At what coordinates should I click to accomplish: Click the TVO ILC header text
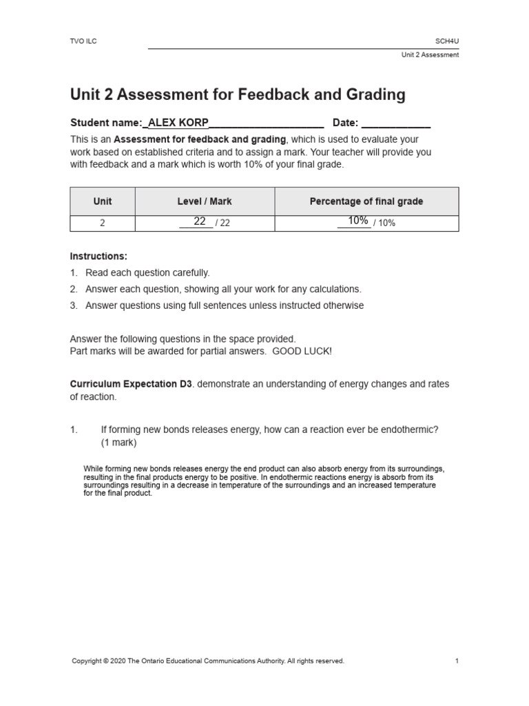click(83, 41)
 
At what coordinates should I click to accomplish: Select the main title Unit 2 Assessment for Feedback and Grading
click(238, 94)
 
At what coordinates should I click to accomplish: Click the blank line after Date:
click(396, 124)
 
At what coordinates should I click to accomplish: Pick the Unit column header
click(103, 201)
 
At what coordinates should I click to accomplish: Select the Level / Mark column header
click(205, 201)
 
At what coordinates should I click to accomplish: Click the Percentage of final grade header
click(366, 201)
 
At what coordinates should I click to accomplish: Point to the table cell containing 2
click(103, 223)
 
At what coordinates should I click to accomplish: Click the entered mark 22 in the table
click(200, 221)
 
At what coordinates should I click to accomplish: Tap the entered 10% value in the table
click(357, 221)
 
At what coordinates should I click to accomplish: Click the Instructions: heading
click(98, 256)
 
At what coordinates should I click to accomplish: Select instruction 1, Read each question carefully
click(147, 272)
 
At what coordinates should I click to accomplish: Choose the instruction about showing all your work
click(222, 289)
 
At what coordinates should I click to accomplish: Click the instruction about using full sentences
click(225, 305)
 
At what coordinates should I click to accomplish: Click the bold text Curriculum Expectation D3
click(131, 384)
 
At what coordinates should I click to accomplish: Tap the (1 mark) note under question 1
click(118, 442)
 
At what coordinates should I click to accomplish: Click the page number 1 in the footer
click(457, 661)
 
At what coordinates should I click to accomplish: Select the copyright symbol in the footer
click(105, 661)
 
